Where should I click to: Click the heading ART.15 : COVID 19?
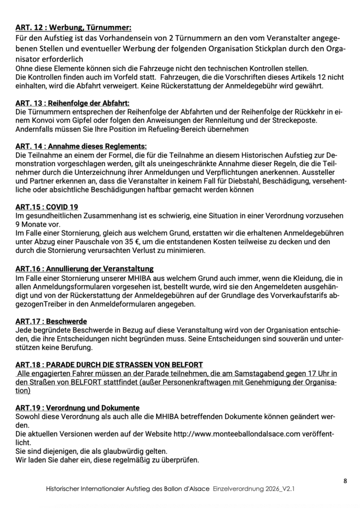47,206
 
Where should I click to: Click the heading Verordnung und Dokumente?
77,408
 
